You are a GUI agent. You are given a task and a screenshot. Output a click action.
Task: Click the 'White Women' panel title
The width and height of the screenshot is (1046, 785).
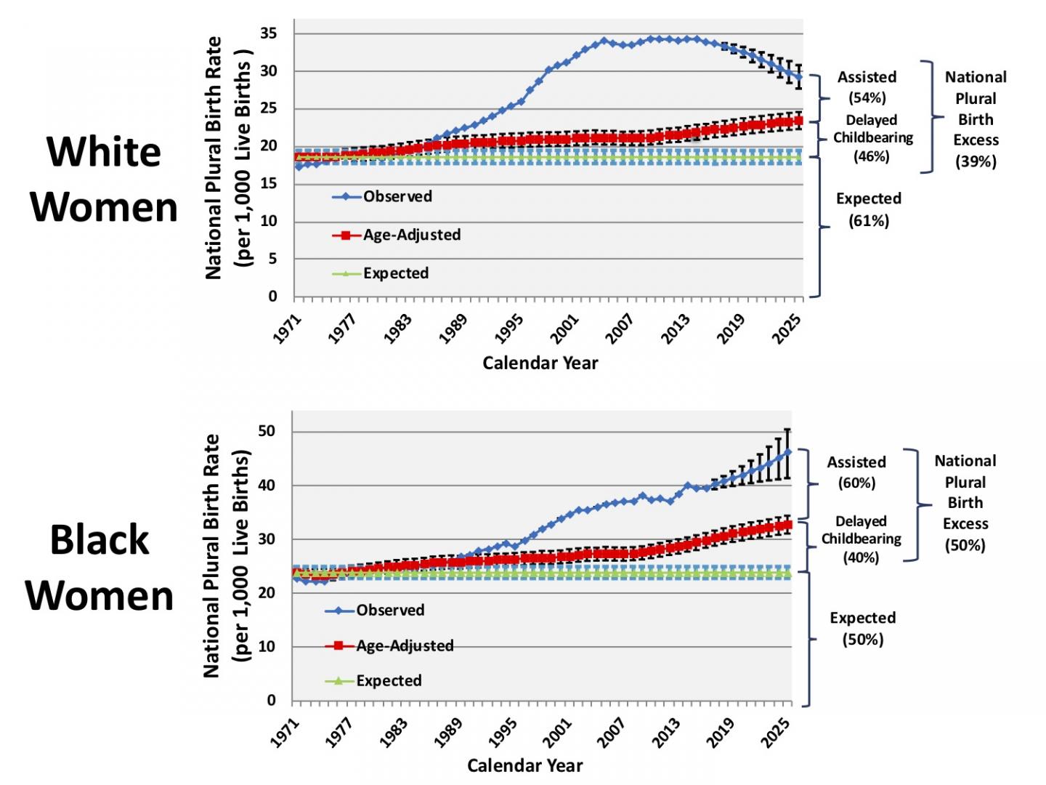pyautogui.click(x=103, y=179)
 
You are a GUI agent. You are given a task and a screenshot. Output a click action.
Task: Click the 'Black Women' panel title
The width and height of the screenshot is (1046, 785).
pyautogui.click(x=100, y=568)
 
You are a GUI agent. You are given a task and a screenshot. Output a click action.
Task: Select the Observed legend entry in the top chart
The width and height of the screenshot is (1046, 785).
pyautogui.click(x=397, y=196)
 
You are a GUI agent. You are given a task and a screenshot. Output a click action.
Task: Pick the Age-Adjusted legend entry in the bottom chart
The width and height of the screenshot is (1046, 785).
pyautogui.click(x=404, y=645)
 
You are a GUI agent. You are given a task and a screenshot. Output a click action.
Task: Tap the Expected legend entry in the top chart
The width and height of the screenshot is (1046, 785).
pyautogui.click(x=395, y=273)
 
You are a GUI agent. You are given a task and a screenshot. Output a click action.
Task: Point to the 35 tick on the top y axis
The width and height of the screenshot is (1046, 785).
pyautogui.click(x=268, y=33)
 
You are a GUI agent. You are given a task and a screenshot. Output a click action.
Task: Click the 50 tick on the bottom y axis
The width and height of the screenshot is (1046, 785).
pyautogui.click(x=267, y=431)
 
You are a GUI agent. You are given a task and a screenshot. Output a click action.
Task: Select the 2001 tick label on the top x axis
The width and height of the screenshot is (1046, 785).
pyautogui.click(x=565, y=328)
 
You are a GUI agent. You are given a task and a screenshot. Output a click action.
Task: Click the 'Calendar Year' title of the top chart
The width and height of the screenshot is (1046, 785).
pyautogui.click(x=540, y=363)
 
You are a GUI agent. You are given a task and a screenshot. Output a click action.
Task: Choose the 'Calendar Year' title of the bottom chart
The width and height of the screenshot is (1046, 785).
pyautogui.click(x=524, y=765)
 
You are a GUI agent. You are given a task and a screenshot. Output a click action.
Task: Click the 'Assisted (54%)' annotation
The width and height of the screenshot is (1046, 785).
pyautogui.click(x=867, y=87)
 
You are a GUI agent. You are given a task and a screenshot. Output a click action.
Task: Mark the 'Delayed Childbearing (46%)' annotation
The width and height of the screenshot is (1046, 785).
pyautogui.click(x=872, y=138)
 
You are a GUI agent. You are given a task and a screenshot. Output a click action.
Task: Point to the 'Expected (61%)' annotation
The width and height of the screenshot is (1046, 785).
pyautogui.click(x=868, y=209)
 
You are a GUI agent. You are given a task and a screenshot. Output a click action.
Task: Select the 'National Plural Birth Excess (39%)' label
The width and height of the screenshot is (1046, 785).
pyautogui.click(x=976, y=118)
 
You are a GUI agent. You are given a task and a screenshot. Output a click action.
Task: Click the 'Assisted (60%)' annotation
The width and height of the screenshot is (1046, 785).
pyautogui.click(x=856, y=472)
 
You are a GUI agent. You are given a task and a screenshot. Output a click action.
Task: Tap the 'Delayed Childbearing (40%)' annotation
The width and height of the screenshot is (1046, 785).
pyautogui.click(x=861, y=539)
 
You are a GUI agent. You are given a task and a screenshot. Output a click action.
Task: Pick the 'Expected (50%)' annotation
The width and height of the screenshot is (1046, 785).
pyautogui.click(x=862, y=628)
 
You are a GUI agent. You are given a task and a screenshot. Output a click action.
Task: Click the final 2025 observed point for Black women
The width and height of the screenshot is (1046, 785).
pyautogui.click(x=787, y=452)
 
